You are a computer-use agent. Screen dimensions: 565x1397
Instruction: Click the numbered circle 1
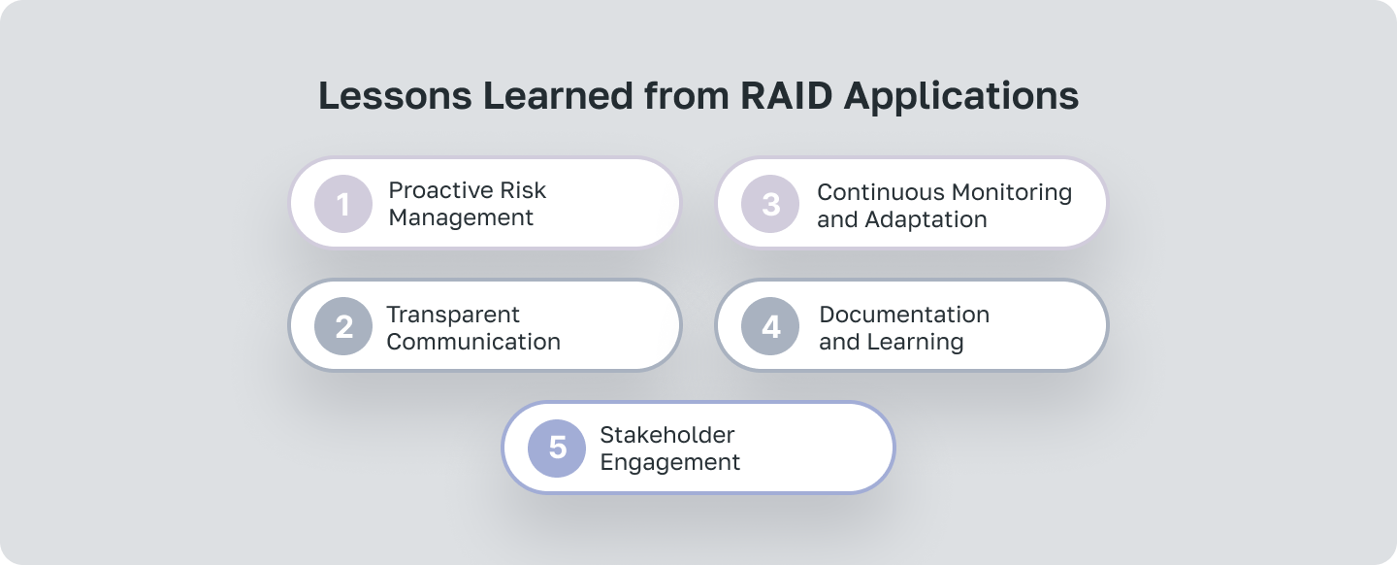(343, 204)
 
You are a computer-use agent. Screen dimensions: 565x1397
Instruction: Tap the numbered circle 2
(343, 326)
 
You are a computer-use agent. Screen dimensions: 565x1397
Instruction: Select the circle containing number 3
(770, 204)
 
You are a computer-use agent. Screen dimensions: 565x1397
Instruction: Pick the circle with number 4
(770, 326)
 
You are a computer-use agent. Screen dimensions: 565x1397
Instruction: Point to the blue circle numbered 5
(557, 448)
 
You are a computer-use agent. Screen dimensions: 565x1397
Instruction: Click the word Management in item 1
(461, 217)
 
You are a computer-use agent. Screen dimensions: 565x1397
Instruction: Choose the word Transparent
(453, 315)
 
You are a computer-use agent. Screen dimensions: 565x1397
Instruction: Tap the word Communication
(473, 342)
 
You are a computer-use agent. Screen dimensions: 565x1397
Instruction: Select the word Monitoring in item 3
(1013, 192)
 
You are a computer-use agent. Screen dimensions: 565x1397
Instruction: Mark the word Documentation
(904, 315)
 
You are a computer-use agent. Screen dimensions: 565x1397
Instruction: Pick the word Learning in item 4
(917, 342)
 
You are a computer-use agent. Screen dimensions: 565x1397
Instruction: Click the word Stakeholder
(667, 435)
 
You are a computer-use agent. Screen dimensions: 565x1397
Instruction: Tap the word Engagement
(670, 462)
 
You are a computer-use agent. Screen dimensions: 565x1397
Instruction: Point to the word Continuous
(881, 192)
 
